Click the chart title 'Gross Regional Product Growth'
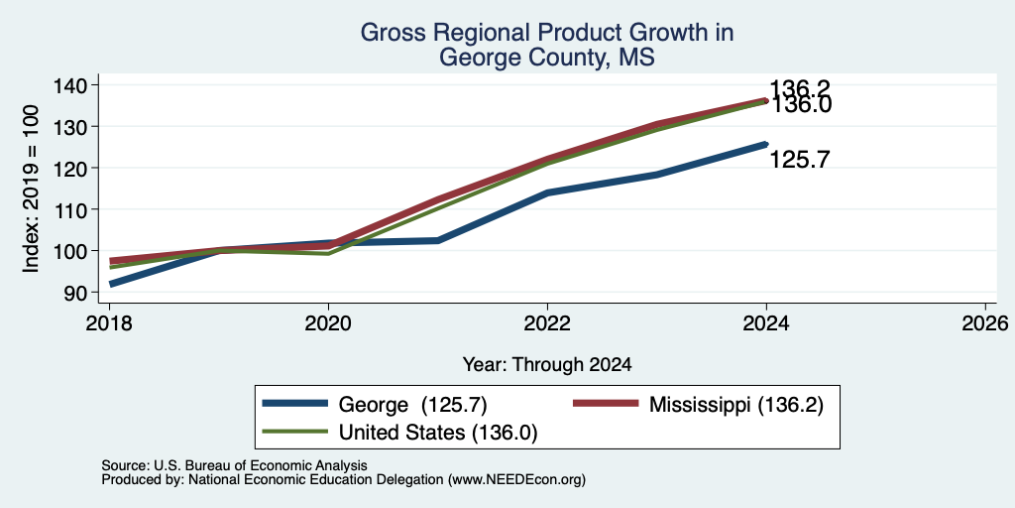coord(546,33)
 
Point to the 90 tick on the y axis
coord(88,293)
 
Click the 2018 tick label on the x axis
coord(109,322)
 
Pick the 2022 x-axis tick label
coord(547,322)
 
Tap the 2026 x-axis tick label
coord(985,322)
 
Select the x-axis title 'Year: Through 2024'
coord(547,365)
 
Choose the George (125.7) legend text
coord(413,405)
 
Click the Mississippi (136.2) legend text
coord(736,405)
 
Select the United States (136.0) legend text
coord(438,433)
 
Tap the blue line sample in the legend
coord(295,404)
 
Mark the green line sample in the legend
coord(295,431)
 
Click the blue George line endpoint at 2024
coord(766,144)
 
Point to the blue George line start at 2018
coord(110,284)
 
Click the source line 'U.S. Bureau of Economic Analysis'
coord(261,465)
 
